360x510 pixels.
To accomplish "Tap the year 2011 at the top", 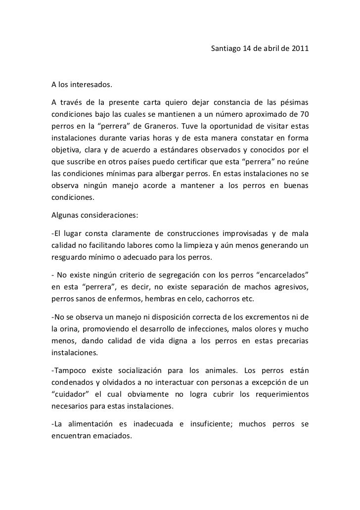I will tap(301, 49).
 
